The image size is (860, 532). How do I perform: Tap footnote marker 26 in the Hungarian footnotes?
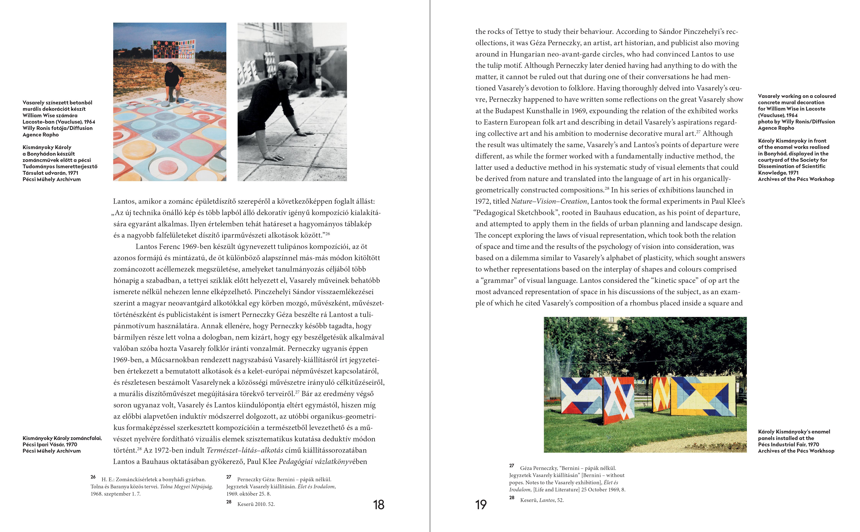[93, 477]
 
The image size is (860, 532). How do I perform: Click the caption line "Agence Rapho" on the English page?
[776, 128]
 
